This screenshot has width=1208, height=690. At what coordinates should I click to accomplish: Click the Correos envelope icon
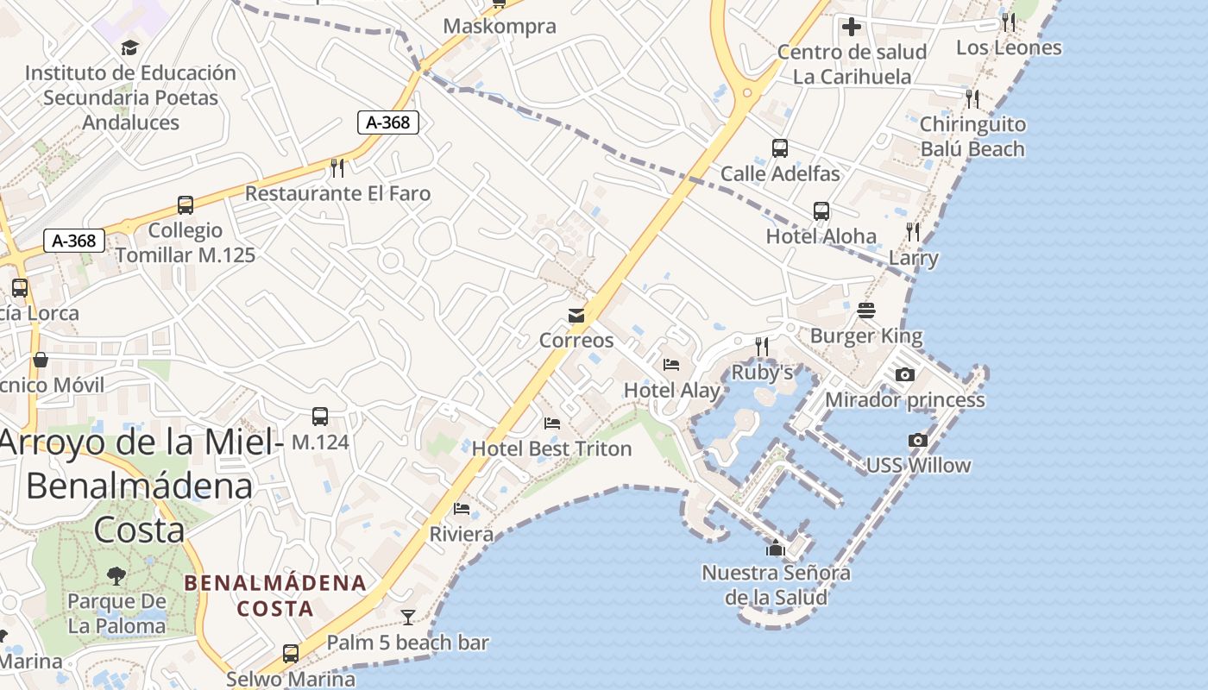click(x=576, y=316)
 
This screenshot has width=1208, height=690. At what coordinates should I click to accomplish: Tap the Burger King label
click(x=866, y=336)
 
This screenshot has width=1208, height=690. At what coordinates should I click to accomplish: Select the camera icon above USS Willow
click(x=918, y=441)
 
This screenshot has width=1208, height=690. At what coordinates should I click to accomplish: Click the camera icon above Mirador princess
click(x=904, y=374)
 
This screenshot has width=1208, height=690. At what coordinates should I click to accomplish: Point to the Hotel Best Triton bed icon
click(x=552, y=423)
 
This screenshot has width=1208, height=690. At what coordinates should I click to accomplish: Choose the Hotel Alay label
click(x=671, y=390)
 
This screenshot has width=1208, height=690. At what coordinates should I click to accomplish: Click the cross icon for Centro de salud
click(x=852, y=27)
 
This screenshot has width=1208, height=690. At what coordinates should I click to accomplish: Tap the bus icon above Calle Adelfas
click(x=780, y=148)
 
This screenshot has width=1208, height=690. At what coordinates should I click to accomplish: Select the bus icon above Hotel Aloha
click(x=821, y=211)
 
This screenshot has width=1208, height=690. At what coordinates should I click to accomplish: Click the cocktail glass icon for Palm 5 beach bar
click(x=408, y=617)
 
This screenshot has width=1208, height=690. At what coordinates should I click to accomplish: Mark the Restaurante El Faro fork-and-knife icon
click(x=337, y=167)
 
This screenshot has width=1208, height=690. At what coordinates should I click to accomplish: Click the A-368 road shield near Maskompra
click(x=388, y=122)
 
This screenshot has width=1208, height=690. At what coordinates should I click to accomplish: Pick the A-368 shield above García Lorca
click(x=74, y=241)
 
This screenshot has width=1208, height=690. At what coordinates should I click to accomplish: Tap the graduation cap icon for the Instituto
click(x=129, y=47)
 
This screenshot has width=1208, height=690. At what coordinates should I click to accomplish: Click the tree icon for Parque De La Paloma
click(x=116, y=576)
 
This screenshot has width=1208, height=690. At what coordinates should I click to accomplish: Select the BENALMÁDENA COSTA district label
click(x=275, y=595)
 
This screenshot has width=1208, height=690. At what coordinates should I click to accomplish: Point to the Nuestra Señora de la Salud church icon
click(x=775, y=548)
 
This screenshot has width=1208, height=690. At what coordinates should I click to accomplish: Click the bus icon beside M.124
click(x=320, y=417)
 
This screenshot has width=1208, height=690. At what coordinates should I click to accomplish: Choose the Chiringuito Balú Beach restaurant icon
click(x=972, y=99)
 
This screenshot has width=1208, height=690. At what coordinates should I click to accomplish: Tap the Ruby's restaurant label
click(x=762, y=373)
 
